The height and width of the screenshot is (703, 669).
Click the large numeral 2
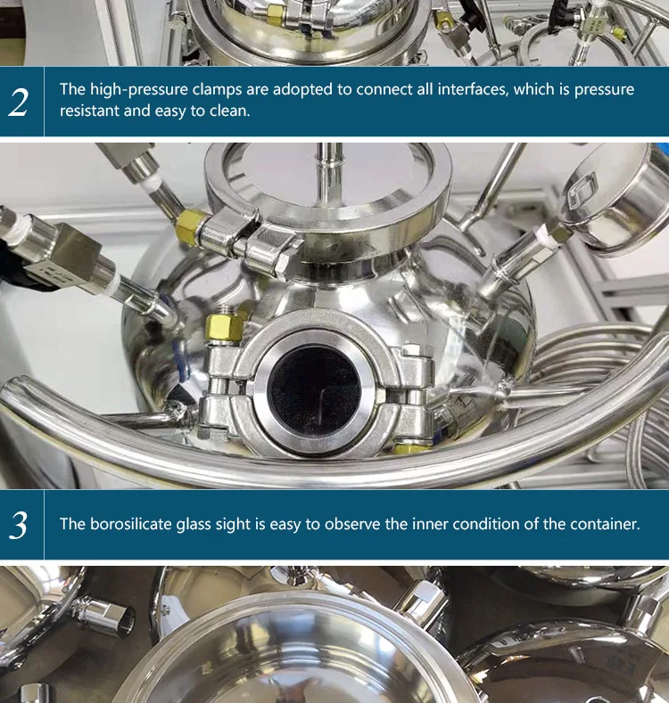pyautogui.click(x=19, y=102)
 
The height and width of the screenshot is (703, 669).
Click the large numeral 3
pyautogui.click(x=19, y=525)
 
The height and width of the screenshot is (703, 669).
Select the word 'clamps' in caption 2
pyautogui.click(x=218, y=89)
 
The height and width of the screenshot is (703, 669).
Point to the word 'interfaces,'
pyautogui.click(x=474, y=89)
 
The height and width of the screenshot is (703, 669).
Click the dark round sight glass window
pyautogui.click(x=313, y=390)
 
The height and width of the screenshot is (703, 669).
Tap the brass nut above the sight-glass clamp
pyautogui.click(x=223, y=326)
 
